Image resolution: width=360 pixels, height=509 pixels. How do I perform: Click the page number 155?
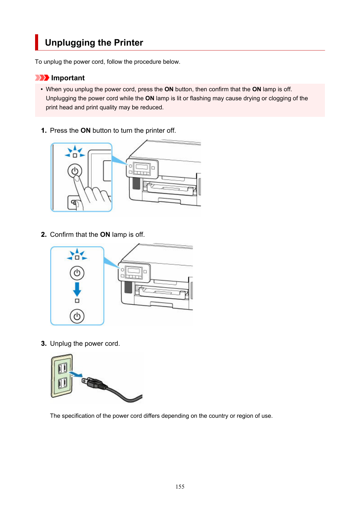coord(180,487)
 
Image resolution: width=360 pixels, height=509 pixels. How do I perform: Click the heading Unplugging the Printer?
coord(94,43)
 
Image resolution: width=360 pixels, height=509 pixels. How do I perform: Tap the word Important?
coord(68,78)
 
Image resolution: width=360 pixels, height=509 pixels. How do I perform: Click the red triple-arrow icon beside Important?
coord(42,78)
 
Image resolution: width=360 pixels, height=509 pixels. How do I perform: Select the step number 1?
coord(43,130)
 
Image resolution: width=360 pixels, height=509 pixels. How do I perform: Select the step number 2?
coord(43,235)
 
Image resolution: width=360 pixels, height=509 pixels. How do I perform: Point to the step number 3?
coord(43,343)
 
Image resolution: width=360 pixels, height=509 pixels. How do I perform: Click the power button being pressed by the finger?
coord(75,171)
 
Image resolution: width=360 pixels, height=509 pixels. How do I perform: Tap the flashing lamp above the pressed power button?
coord(75,155)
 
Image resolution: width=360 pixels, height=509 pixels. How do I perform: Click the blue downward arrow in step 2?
coord(77,289)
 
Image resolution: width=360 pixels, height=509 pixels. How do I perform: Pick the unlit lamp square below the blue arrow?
coord(77,301)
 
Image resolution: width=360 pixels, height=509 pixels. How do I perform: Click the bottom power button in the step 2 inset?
coord(77,316)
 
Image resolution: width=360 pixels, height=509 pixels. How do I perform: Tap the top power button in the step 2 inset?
coord(77,273)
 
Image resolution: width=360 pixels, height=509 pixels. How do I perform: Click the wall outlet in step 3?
coord(62,376)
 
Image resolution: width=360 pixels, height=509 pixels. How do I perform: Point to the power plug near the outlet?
coord(94,383)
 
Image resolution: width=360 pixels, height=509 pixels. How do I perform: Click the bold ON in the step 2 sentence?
coord(105,235)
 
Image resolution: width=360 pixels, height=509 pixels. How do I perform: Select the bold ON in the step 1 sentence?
coord(85,130)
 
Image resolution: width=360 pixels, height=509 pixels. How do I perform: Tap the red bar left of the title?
coord(37,42)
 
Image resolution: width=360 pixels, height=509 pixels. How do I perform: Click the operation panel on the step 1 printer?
coord(142,168)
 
